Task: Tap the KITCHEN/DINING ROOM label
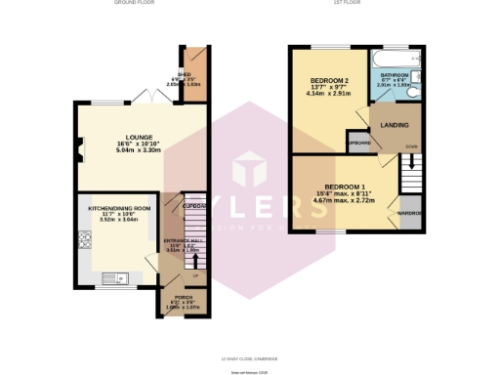tap(120, 208)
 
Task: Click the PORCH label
tap(183, 297)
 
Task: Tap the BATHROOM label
tap(395, 74)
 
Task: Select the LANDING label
tap(395, 125)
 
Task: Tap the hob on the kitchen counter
tap(85, 239)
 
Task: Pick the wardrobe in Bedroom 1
tap(407, 213)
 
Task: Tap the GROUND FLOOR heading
tap(134, 4)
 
